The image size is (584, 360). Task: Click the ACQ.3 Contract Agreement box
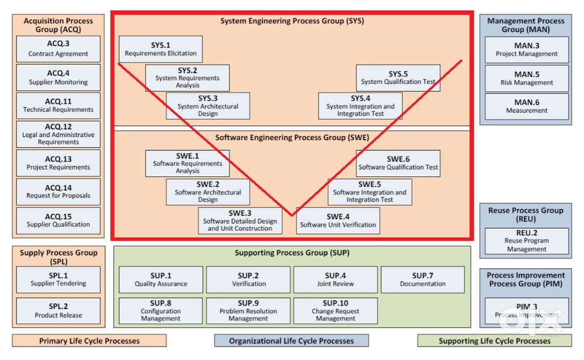(x=58, y=49)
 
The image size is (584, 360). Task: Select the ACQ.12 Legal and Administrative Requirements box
(x=58, y=134)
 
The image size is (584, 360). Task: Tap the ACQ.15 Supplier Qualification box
(x=58, y=220)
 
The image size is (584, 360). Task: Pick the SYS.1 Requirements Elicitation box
(x=161, y=49)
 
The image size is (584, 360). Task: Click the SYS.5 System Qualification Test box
(x=398, y=78)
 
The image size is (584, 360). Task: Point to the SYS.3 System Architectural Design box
(x=208, y=106)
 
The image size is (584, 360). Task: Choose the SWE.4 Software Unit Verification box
(x=338, y=220)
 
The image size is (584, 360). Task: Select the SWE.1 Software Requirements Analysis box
(x=187, y=163)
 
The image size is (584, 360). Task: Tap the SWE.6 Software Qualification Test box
(x=398, y=163)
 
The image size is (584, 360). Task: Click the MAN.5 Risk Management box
(x=527, y=78)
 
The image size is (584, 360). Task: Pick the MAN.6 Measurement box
(x=527, y=106)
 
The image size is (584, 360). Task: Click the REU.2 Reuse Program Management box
(x=527, y=241)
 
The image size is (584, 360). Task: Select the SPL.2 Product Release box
(x=58, y=310)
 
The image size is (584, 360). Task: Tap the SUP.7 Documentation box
(x=423, y=279)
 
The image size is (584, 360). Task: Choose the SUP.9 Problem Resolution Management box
(x=248, y=310)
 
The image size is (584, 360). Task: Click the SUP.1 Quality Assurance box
(x=161, y=279)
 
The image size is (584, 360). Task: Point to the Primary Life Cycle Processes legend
(x=89, y=341)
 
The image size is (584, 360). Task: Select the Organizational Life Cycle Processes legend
(x=291, y=341)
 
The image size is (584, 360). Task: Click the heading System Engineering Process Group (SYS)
(x=292, y=21)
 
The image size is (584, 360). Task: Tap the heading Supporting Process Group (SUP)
(x=292, y=253)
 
